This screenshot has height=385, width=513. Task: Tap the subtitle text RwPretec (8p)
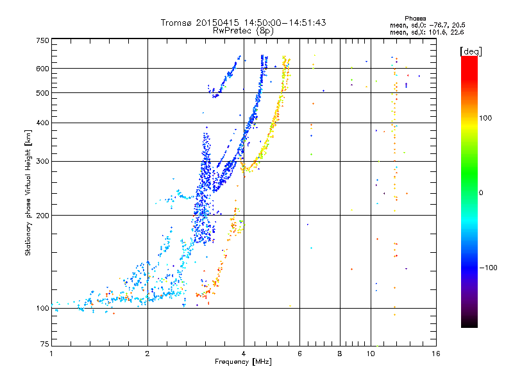coord(243,31)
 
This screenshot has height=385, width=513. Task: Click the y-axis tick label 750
coord(42,40)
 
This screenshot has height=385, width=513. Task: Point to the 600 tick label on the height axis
coord(42,69)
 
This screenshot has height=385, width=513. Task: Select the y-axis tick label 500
coord(42,93)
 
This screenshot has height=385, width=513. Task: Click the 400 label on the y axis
coord(42,123)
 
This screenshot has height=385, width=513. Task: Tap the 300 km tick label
coord(42,161)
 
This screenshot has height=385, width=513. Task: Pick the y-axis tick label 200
coord(42,216)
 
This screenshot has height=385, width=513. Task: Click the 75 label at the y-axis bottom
coord(45,344)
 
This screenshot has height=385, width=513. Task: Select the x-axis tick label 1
coord(51,354)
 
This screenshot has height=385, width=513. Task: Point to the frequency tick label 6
coord(299,354)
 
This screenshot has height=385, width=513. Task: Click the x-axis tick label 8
coord(340,354)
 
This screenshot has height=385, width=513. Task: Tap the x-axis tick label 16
coord(436,354)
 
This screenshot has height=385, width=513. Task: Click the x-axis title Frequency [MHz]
coord(243,362)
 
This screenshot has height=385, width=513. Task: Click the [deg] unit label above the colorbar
coord(471,51)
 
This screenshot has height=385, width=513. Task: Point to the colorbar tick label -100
coord(489,268)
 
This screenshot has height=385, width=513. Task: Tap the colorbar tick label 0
coord(481,193)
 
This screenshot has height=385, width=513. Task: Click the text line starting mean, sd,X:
coord(426,33)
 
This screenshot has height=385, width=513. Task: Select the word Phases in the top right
coord(415,19)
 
